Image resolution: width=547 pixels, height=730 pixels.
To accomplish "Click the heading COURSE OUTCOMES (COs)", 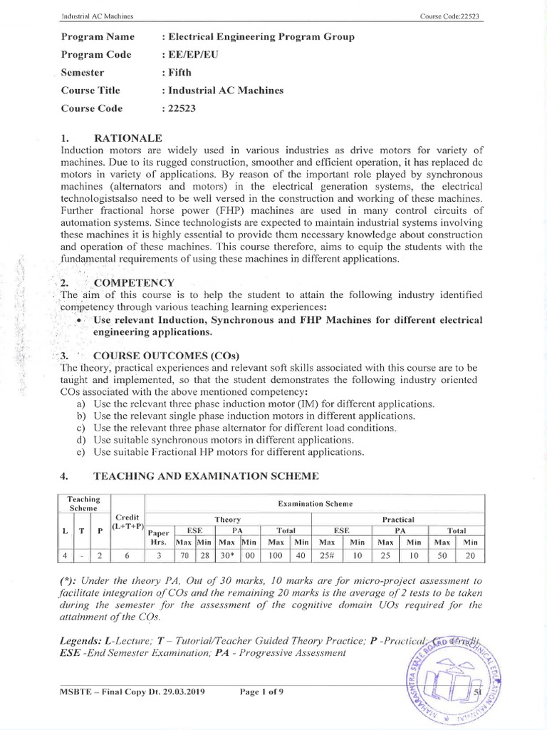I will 167,356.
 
